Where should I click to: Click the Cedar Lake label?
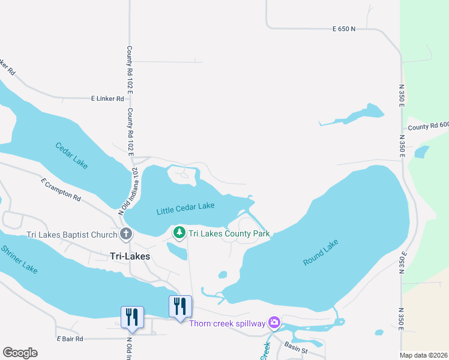[71, 154]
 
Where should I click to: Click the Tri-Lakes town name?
[130, 256]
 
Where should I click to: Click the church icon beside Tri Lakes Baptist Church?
[126, 235]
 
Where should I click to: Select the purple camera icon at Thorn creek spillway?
[274, 323]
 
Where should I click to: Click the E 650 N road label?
[344, 29]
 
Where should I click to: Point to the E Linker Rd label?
[107, 98]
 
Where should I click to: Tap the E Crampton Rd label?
[61, 188]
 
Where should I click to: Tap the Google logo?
[20, 353]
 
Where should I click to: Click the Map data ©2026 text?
[424, 355]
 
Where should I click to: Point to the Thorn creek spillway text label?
[227, 324]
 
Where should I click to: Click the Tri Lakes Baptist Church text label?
[72, 235]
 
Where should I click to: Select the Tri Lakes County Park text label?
[229, 233]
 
